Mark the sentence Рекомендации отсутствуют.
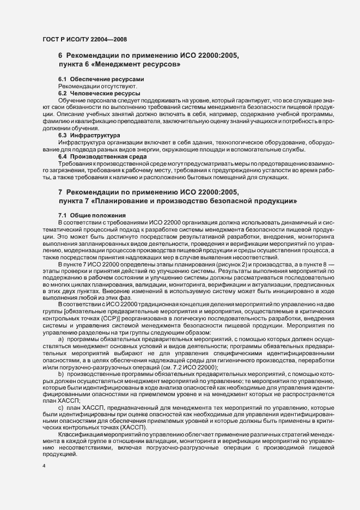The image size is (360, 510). pyautogui.click(x=90, y=87)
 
